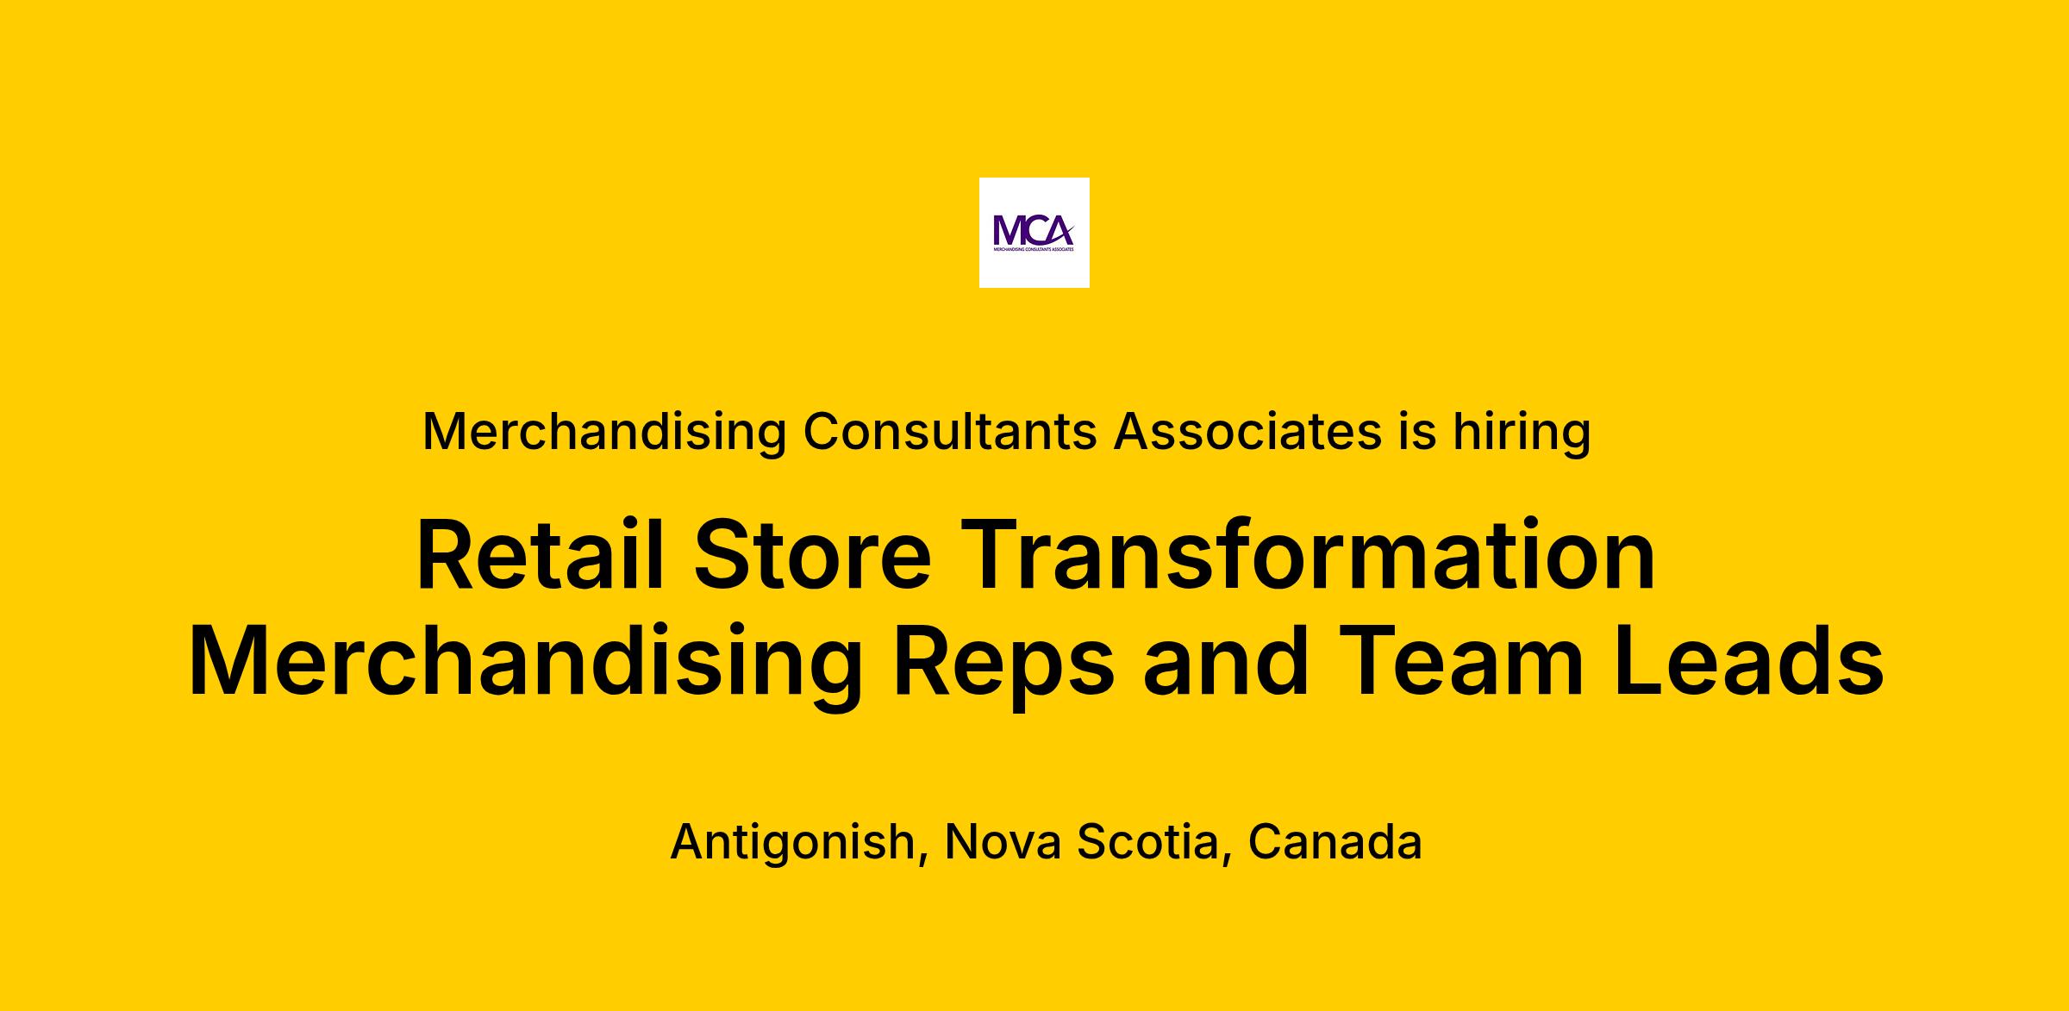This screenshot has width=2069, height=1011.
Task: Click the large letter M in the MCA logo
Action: pyautogui.click(x=1008, y=230)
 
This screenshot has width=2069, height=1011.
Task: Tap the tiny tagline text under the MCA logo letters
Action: pyautogui.click(x=1034, y=249)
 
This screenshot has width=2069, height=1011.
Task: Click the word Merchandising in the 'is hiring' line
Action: pyautogui.click(x=604, y=432)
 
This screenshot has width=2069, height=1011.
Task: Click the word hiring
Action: pyautogui.click(x=1522, y=432)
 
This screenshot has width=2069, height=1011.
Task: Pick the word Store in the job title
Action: pyautogui.click(x=812, y=555)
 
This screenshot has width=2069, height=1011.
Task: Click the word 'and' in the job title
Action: pyautogui.click(x=1227, y=661)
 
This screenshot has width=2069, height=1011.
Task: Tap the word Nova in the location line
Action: pyautogui.click(x=1003, y=841)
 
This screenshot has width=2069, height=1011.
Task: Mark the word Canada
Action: pyautogui.click(x=1335, y=841)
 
